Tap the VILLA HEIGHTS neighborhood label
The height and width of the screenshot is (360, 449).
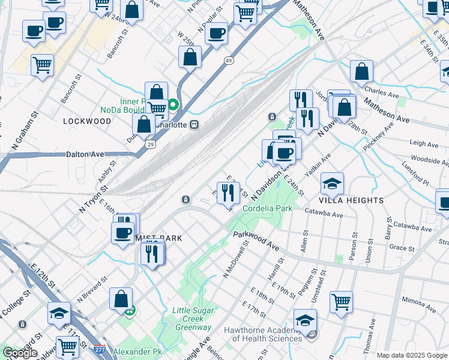(x=351, y=200)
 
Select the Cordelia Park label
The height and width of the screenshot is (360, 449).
(x=267, y=208)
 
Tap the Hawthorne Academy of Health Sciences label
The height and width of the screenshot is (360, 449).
(x=262, y=334)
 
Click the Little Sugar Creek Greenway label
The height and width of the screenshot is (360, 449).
(x=191, y=319)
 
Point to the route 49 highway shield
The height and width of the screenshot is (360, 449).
(x=229, y=61)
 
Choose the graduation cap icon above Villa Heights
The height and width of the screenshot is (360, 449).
(x=332, y=182)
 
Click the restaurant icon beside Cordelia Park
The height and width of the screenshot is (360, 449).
(x=228, y=193)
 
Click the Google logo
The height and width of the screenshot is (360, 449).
(x=20, y=353)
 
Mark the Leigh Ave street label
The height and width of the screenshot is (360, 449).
(x=424, y=144)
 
